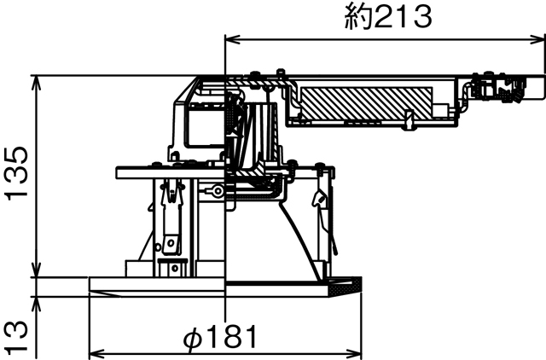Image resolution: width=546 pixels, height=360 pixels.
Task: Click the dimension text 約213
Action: coord(388,16)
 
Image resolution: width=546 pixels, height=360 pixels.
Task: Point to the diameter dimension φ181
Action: coord(220,337)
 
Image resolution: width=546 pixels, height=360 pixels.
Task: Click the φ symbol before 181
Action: coord(193,338)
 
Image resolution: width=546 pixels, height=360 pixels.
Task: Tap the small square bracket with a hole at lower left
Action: coord(171,247)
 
